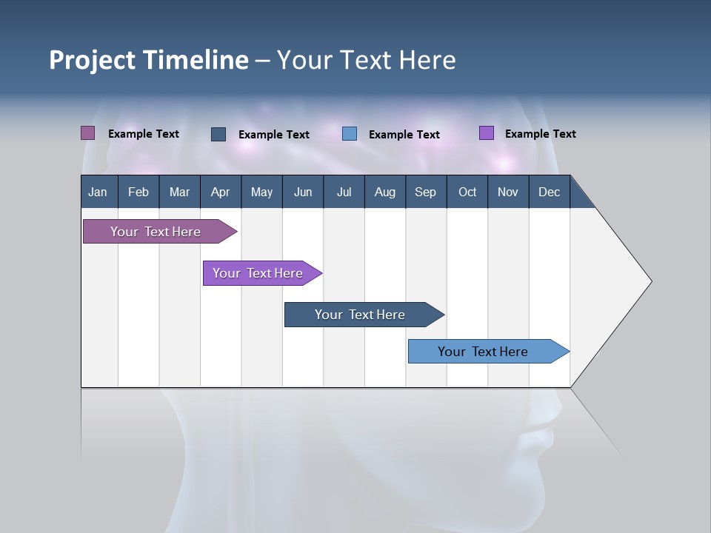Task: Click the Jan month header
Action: pyautogui.click(x=98, y=192)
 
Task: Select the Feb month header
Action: pyautogui.click(x=138, y=192)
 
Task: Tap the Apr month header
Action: pyautogui.click(x=220, y=192)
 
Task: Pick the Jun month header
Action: pyautogui.click(x=303, y=192)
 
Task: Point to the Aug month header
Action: pyautogui.click(x=384, y=192)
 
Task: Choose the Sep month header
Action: pyautogui.click(x=425, y=192)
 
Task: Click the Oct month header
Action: pyautogui.click(x=467, y=192)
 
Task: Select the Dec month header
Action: pyautogui.click(x=549, y=192)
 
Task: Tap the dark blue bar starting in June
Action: pyautogui.click(x=361, y=315)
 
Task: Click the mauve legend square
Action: pyautogui.click(x=87, y=133)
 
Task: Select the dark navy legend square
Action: pyautogui.click(x=218, y=134)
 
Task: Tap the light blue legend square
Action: pyautogui.click(x=350, y=134)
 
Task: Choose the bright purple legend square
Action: pyautogui.click(x=487, y=133)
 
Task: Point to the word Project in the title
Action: pyautogui.click(x=93, y=61)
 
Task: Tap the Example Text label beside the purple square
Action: pyautogui.click(x=540, y=134)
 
